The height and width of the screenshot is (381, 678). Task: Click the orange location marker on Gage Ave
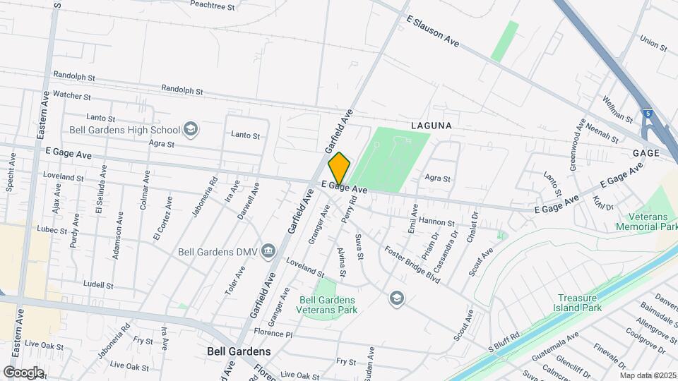pyautogui.click(x=339, y=169)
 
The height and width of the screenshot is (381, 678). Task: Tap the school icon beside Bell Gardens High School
pyautogui.click(x=190, y=129)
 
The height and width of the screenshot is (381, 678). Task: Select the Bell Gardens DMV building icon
pyautogui.click(x=268, y=250)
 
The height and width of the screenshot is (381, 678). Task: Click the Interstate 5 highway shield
pyautogui.click(x=647, y=113)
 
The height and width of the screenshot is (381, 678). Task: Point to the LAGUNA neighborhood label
pyautogui.click(x=431, y=125)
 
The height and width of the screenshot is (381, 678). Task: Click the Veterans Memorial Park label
pyautogui.click(x=646, y=222)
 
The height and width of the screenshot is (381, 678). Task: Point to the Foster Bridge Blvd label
pyautogui.click(x=412, y=265)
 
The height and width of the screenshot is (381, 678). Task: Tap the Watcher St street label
pyautogui.click(x=72, y=95)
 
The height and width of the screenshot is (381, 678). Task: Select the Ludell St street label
pyautogui.click(x=98, y=285)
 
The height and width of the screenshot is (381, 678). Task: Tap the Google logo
pyautogui.click(x=23, y=372)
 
